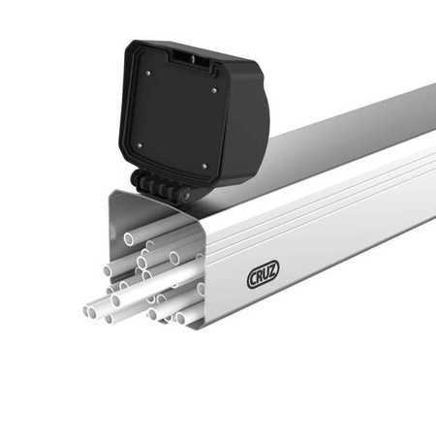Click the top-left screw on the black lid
[x=148, y=70]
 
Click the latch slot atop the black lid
[x=193, y=60]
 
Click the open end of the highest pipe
[x=129, y=237]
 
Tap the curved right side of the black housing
[x=247, y=126]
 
